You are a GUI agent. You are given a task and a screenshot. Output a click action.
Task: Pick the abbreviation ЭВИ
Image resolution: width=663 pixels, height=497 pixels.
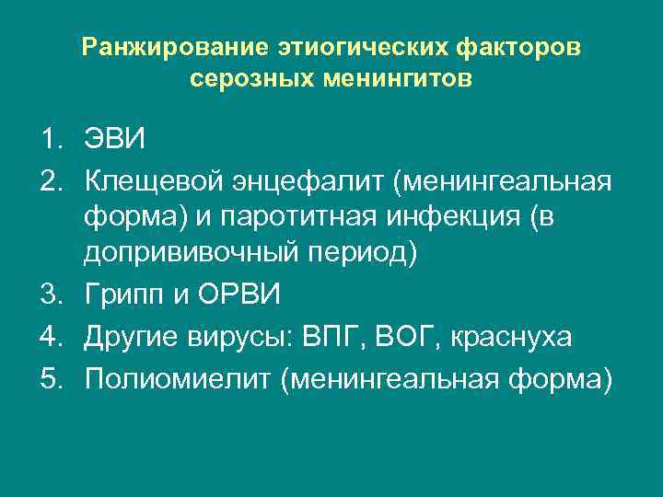pyautogui.click(x=114, y=141)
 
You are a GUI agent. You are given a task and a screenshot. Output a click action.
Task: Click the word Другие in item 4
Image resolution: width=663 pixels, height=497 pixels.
pyautogui.click(x=126, y=336)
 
